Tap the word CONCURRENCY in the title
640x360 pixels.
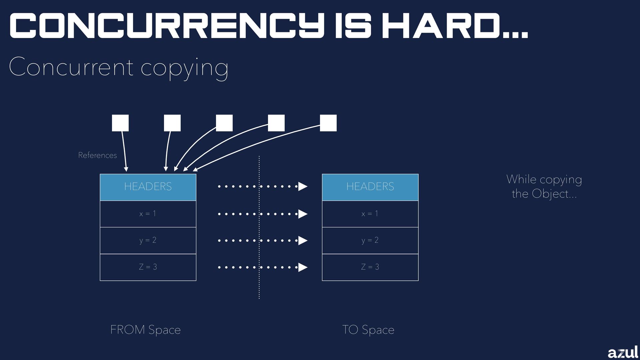click(x=167, y=26)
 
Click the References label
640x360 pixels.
click(x=97, y=155)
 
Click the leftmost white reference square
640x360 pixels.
click(x=120, y=123)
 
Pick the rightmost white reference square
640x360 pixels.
click(x=328, y=123)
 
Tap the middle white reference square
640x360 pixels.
click(x=224, y=123)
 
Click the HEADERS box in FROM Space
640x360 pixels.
click(x=148, y=187)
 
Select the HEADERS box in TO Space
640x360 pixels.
click(x=370, y=187)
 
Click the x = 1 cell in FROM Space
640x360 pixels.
click(x=148, y=214)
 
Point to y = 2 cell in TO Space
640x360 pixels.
click(x=370, y=240)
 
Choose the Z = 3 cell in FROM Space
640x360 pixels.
click(x=148, y=267)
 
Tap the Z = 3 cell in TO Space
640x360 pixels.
click(x=370, y=267)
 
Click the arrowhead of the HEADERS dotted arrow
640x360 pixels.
click(x=302, y=187)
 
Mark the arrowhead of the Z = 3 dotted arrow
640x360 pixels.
click(x=302, y=267)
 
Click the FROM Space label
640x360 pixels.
click(x=145, y=330)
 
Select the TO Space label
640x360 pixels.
click(x=368, y=330)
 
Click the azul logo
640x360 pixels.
click(x=622, y=352)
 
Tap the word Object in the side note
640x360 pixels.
click(x=550, y=194)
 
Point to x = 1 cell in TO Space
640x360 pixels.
click(x=370, y=214)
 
